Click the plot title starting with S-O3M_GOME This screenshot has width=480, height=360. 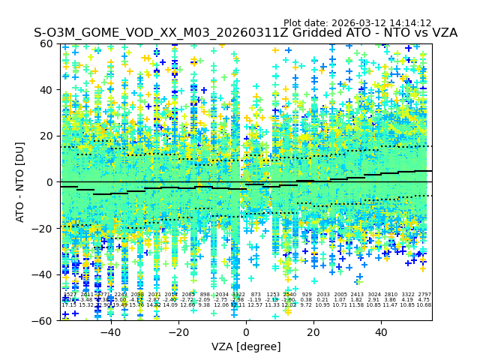tap(245, 33)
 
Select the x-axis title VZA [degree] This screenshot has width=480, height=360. tap(247, 346)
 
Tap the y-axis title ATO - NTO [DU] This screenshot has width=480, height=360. tap(20, 181)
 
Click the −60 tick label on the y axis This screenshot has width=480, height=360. tap(44, 320)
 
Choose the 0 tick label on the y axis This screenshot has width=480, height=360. tap(51, 182)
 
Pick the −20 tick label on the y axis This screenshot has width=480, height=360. tap(44, 228)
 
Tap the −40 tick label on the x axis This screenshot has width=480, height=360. tap(110, 332)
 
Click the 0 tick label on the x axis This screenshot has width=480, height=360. tap(247, 332)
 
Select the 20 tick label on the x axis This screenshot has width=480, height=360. tap(314, 332)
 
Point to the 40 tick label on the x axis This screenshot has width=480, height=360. tap(382, 332)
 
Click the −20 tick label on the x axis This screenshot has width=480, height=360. tap(178, 332)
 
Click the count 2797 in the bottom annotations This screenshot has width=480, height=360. tap(424, 295)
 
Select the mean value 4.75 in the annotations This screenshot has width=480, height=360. tap(424, 300)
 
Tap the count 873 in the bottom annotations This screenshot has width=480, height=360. tap(256, 295)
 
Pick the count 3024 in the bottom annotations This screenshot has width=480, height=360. tap(373, 295)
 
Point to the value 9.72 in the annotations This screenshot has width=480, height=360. tap(306, 305)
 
